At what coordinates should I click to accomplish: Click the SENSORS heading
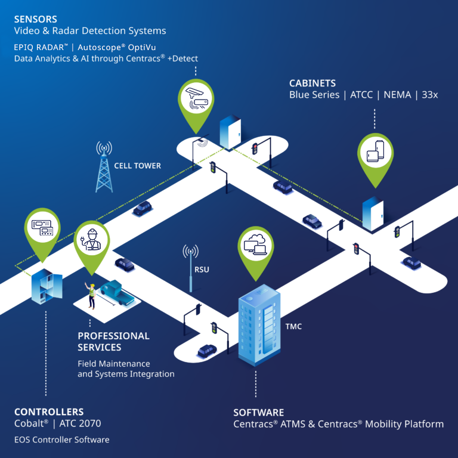point(36,18)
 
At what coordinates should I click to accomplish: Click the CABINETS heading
point(312,83)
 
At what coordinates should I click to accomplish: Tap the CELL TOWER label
point(138,165)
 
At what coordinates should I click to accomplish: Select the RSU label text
point(202,270)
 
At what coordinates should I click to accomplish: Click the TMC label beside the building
point(293,326)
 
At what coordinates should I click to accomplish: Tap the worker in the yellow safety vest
point(92,296)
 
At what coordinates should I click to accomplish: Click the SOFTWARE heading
point(258,412)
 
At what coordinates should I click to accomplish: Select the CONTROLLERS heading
point(49,411)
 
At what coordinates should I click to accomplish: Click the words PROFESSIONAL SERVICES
point(113,341)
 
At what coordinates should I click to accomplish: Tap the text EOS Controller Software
point(62,440)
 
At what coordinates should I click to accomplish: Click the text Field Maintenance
point(114,363)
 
